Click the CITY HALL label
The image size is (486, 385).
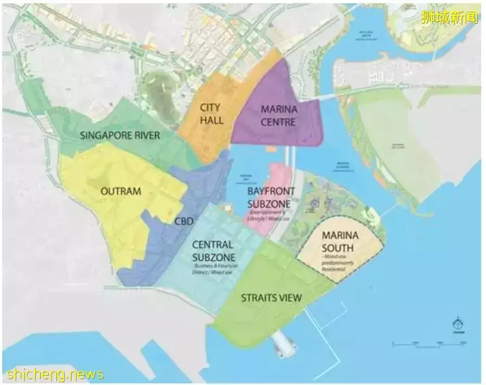tap(211, 114)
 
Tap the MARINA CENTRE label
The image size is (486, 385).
tap(279, 116)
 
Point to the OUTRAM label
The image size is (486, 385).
tap(121, 191)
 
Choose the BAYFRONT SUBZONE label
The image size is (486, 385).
tap(271, 197)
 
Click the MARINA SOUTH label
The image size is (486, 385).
tap(340, 241)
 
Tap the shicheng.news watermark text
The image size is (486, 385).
tap(54, 374)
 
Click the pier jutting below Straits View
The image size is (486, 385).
tap(285, 345)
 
